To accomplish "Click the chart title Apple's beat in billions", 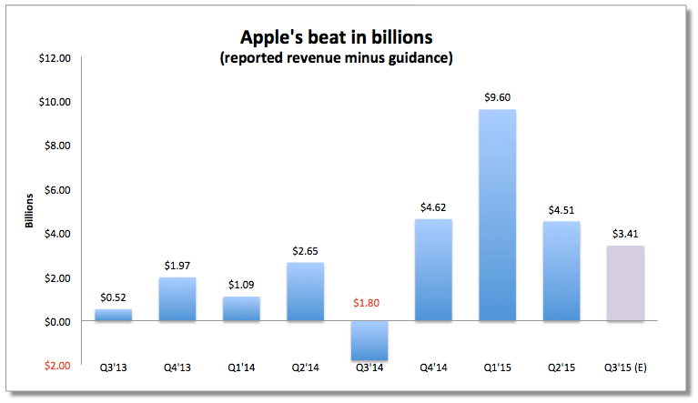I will [x=349, y=38].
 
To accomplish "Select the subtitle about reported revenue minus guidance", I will [x=349, y=59].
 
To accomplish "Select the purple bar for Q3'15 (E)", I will [x=625, y=283].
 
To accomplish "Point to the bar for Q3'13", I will [x=113, y=315].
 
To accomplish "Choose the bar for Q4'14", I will [x=433, y=270].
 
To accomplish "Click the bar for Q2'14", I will [x=305, y=292].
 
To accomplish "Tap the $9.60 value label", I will [x=497, y=97].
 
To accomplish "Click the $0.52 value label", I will [x=113, y=297].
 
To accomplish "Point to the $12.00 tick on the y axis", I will [x=56, y=58].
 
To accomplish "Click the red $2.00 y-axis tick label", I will [x=57, y=366].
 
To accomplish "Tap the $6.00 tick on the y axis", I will [x=58, y=190].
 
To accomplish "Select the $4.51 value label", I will [x=561, y=209].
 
